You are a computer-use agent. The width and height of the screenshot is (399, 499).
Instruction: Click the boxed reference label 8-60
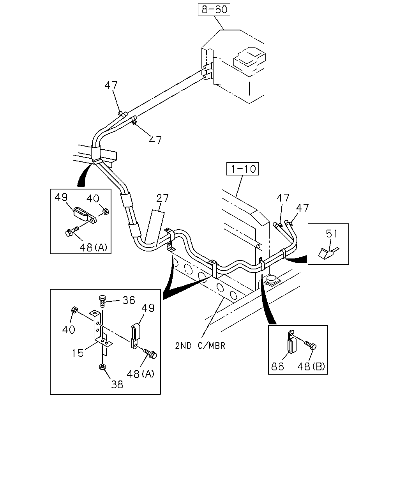(214, 9)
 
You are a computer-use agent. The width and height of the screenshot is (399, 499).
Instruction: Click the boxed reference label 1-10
(242, 169)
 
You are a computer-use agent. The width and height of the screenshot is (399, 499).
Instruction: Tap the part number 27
(162, 198)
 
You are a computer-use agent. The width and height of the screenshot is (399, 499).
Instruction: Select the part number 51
(332, 234)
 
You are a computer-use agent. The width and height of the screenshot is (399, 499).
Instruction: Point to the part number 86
(277, 366)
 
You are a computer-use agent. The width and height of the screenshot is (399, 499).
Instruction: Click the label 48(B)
(311, 366)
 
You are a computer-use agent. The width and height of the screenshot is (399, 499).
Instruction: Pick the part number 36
(129, 300)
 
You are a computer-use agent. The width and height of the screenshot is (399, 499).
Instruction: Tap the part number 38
(117, 385)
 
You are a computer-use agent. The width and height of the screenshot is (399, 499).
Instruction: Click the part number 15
(78, 353)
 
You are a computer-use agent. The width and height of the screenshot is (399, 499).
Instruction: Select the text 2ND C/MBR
(200, 346)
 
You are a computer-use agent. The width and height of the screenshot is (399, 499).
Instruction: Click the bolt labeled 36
(102, 301)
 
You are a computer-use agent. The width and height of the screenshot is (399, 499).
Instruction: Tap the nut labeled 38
(102, 367)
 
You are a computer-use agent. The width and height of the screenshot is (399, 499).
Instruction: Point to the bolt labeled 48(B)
(311, 345)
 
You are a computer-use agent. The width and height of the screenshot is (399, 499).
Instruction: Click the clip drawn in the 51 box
(327, 253)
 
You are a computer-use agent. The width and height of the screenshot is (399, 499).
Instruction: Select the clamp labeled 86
(291, 341)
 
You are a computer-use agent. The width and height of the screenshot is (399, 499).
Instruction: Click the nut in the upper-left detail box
(106, 211)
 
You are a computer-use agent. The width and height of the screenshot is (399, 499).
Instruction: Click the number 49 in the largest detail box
(148, 308)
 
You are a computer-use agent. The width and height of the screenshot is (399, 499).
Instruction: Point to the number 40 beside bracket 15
(69, 329)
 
